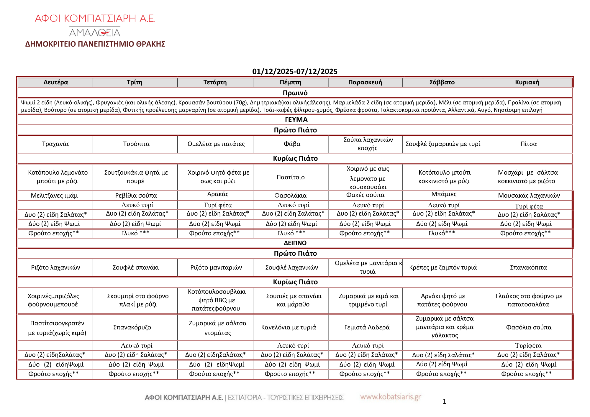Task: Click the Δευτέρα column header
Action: pyautogui.click(x=56, y=82)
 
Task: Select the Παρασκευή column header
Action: pyautogui.click(x=365, y=82)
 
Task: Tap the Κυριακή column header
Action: pyautogui.click(x=527, y=82)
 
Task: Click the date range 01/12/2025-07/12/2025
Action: pyautogui.click(x=295, y=71)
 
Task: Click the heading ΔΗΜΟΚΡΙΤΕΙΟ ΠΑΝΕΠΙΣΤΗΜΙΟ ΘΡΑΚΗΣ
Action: pyautogui.click(x=95, y=44)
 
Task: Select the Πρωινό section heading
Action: pyautogui.click(x=295, y=93)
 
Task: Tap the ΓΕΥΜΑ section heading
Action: pyautogui.click(x=296, y=119)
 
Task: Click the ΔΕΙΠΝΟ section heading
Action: pyautogui.click(x=295, y=243)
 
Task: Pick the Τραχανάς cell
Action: pyautogui.click(x=56, y=144)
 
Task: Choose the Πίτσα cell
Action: pyautogui.click(x=528, y=144)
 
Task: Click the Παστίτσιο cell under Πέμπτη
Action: pyautogui.click(x=291, y=177)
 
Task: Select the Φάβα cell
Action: pyautogui.click(x=292, y=144)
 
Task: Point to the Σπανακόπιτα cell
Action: pyautogui.click(x=528, y=267)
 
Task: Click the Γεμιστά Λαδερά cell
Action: pyautogui.click(x=367, y=327)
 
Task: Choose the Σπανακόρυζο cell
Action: pyautogui.click(x=132, y=327)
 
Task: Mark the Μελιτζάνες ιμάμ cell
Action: pyautogui.click(x=54, y=196)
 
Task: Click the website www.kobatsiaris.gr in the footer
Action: pyautogui.click(x=391, y=397)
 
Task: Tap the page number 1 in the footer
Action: pyautogui.click(x=444, y=401)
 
